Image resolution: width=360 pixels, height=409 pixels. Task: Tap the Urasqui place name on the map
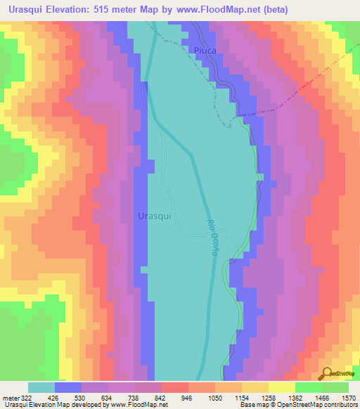155,216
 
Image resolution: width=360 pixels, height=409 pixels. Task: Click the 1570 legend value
347,397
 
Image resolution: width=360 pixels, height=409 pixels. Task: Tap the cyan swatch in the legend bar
41,387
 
